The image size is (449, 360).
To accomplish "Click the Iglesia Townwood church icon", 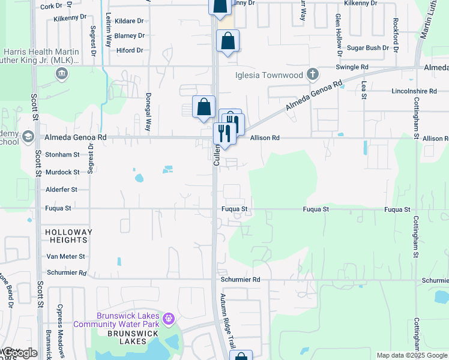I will coord(312,74).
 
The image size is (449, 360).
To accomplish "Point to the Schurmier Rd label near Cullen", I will coord(240,280).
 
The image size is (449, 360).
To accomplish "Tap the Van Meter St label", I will coord(66,256).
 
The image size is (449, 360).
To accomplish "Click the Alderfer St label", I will coord(62,190).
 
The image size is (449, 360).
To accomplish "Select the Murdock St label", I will coord(62,172).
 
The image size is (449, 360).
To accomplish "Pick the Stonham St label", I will coord(62,155).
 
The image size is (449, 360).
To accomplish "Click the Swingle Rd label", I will coord(351,67).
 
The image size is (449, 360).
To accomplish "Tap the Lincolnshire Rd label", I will coord(396,92).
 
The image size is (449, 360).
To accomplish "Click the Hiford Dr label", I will coord(130,50).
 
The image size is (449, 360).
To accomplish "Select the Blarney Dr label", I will coord(129,36).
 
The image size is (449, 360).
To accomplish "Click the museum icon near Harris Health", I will coord(61,74).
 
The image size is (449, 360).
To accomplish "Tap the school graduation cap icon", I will coord(28,137).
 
